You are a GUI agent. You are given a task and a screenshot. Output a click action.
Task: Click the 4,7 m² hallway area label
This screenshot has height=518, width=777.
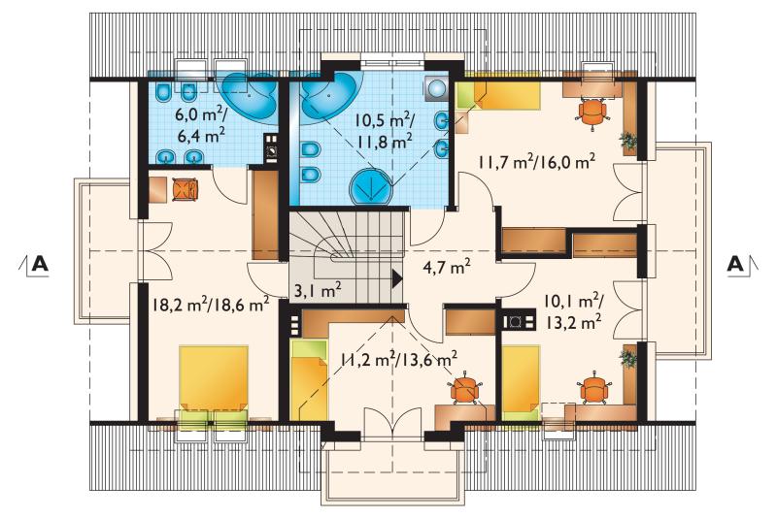pyautogui.click(x=447, y=268)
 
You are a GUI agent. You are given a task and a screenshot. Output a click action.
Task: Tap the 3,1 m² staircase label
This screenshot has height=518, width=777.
pyautogui.click(x=318, y=290)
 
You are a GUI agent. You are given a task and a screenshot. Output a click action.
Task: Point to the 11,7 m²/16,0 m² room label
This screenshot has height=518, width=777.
pyautogui.click(x=537, y=162)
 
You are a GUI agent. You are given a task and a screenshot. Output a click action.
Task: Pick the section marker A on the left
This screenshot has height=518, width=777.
pyautogui.click(x=40, y=264)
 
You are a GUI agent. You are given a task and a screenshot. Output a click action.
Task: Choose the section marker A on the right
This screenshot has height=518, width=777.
pyautogui.click(x=735, y=264)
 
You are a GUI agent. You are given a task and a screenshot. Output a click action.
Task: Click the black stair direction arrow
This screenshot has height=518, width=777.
pyautogui.click(x=397, y=278)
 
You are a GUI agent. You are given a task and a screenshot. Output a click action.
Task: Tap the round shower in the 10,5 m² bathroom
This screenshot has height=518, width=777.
pyautogui.click(x=371, y=187)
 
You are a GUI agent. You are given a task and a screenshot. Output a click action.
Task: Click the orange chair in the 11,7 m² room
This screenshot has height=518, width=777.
pyautogui.click(x=592, y=113)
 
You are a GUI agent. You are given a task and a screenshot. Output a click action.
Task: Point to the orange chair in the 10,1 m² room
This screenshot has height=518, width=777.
pyautogui.click(x=594, y=391)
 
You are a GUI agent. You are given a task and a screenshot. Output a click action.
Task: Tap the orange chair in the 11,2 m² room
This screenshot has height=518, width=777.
pyautogui.click(x=465, y=386)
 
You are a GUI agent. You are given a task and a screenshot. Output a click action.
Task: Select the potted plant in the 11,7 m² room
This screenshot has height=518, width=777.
pyautogui.click(x=628, y=141)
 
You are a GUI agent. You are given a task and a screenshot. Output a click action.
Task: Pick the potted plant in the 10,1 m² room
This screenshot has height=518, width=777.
pyautogui.click(x=628, y=358)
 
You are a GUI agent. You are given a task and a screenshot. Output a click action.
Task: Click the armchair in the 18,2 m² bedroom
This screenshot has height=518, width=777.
pyautogui.click(x=186, y=189)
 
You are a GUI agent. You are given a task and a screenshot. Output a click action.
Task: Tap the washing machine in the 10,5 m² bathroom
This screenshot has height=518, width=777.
pyautogui.click(x=436, y=88)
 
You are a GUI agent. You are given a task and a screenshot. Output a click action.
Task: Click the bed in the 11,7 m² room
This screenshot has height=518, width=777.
pyautogui.click(x=498, y=95)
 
